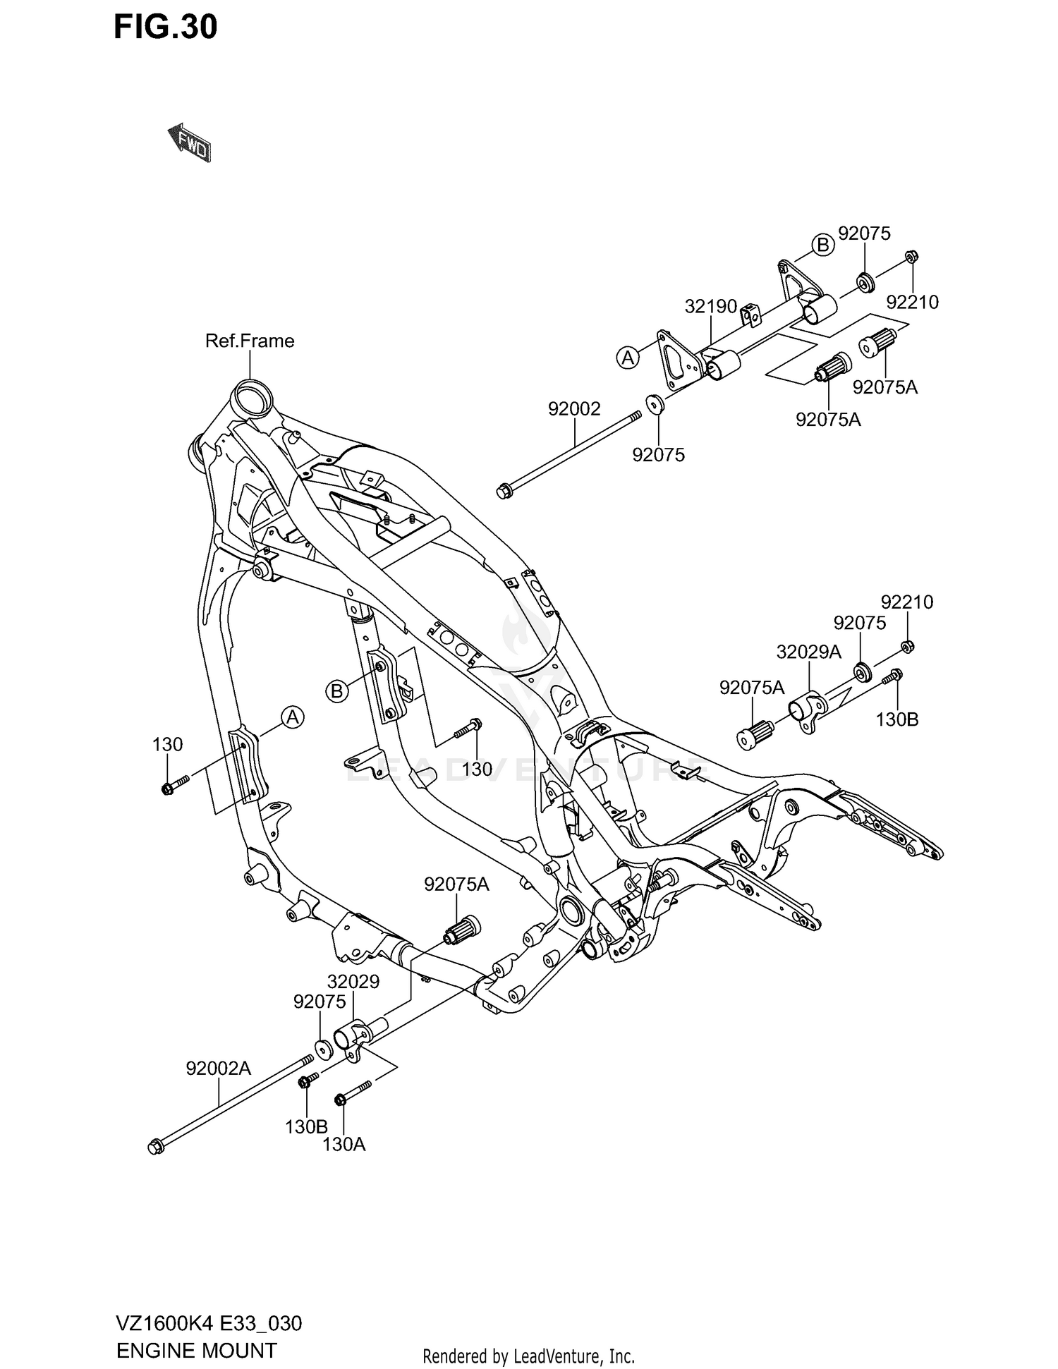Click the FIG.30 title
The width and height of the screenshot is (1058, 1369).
pyautogui.click(x=166, y=28)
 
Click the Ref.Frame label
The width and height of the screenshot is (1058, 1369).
pyautogui.click(x=250, y=341)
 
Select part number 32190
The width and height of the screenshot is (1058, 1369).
pyautogui.click(x=710, y=307)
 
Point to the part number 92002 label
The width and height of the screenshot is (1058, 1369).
pyautogui.click(x=574, y=408)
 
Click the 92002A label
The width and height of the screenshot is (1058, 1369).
pyautogui.click(x=219, y=1069)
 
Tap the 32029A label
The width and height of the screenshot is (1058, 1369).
pyautogui.click(x=808, y=652)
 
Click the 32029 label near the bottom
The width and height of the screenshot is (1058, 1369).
pyautogui.click(x=353, y=982)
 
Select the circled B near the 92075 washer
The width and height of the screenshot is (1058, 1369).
pyautogui.click(x=822, y=245)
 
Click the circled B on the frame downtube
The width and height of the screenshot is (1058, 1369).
pyautogui.click(x=337, y=691)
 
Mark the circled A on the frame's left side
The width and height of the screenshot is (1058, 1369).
pyautogui.click(x=293, y=717)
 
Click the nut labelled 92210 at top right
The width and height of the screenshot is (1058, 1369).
pyautogui.click(x=910, y=257)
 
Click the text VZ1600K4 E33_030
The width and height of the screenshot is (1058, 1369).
pyautogui.click(x=209, y=1323)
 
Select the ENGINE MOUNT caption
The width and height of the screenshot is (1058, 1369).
pyautogui.click(x=196, y=1351)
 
